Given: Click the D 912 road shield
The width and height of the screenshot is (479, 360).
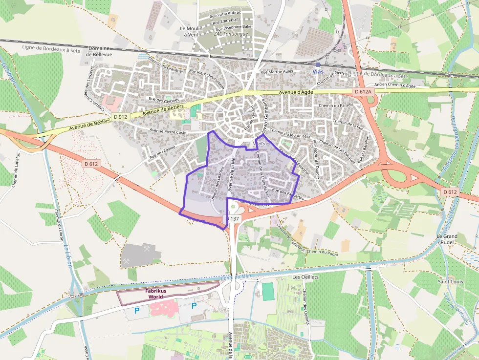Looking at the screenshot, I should (120, 117).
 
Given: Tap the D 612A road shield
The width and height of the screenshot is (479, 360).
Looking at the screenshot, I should (363, 91).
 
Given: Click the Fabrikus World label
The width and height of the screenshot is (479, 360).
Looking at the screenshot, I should (156, 294).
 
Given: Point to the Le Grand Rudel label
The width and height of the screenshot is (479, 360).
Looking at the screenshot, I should (447, 239).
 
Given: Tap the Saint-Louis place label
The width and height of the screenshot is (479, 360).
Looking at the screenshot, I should (451, 281).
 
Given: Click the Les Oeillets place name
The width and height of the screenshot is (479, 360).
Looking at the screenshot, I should (305, 277).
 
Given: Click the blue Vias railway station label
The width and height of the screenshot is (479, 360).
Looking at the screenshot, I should (318, 72).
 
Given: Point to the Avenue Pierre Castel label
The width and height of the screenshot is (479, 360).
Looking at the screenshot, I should (169, 131).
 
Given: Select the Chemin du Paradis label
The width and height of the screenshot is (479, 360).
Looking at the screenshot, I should (335, 105).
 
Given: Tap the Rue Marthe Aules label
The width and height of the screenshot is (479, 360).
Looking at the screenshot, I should (277, 72).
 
